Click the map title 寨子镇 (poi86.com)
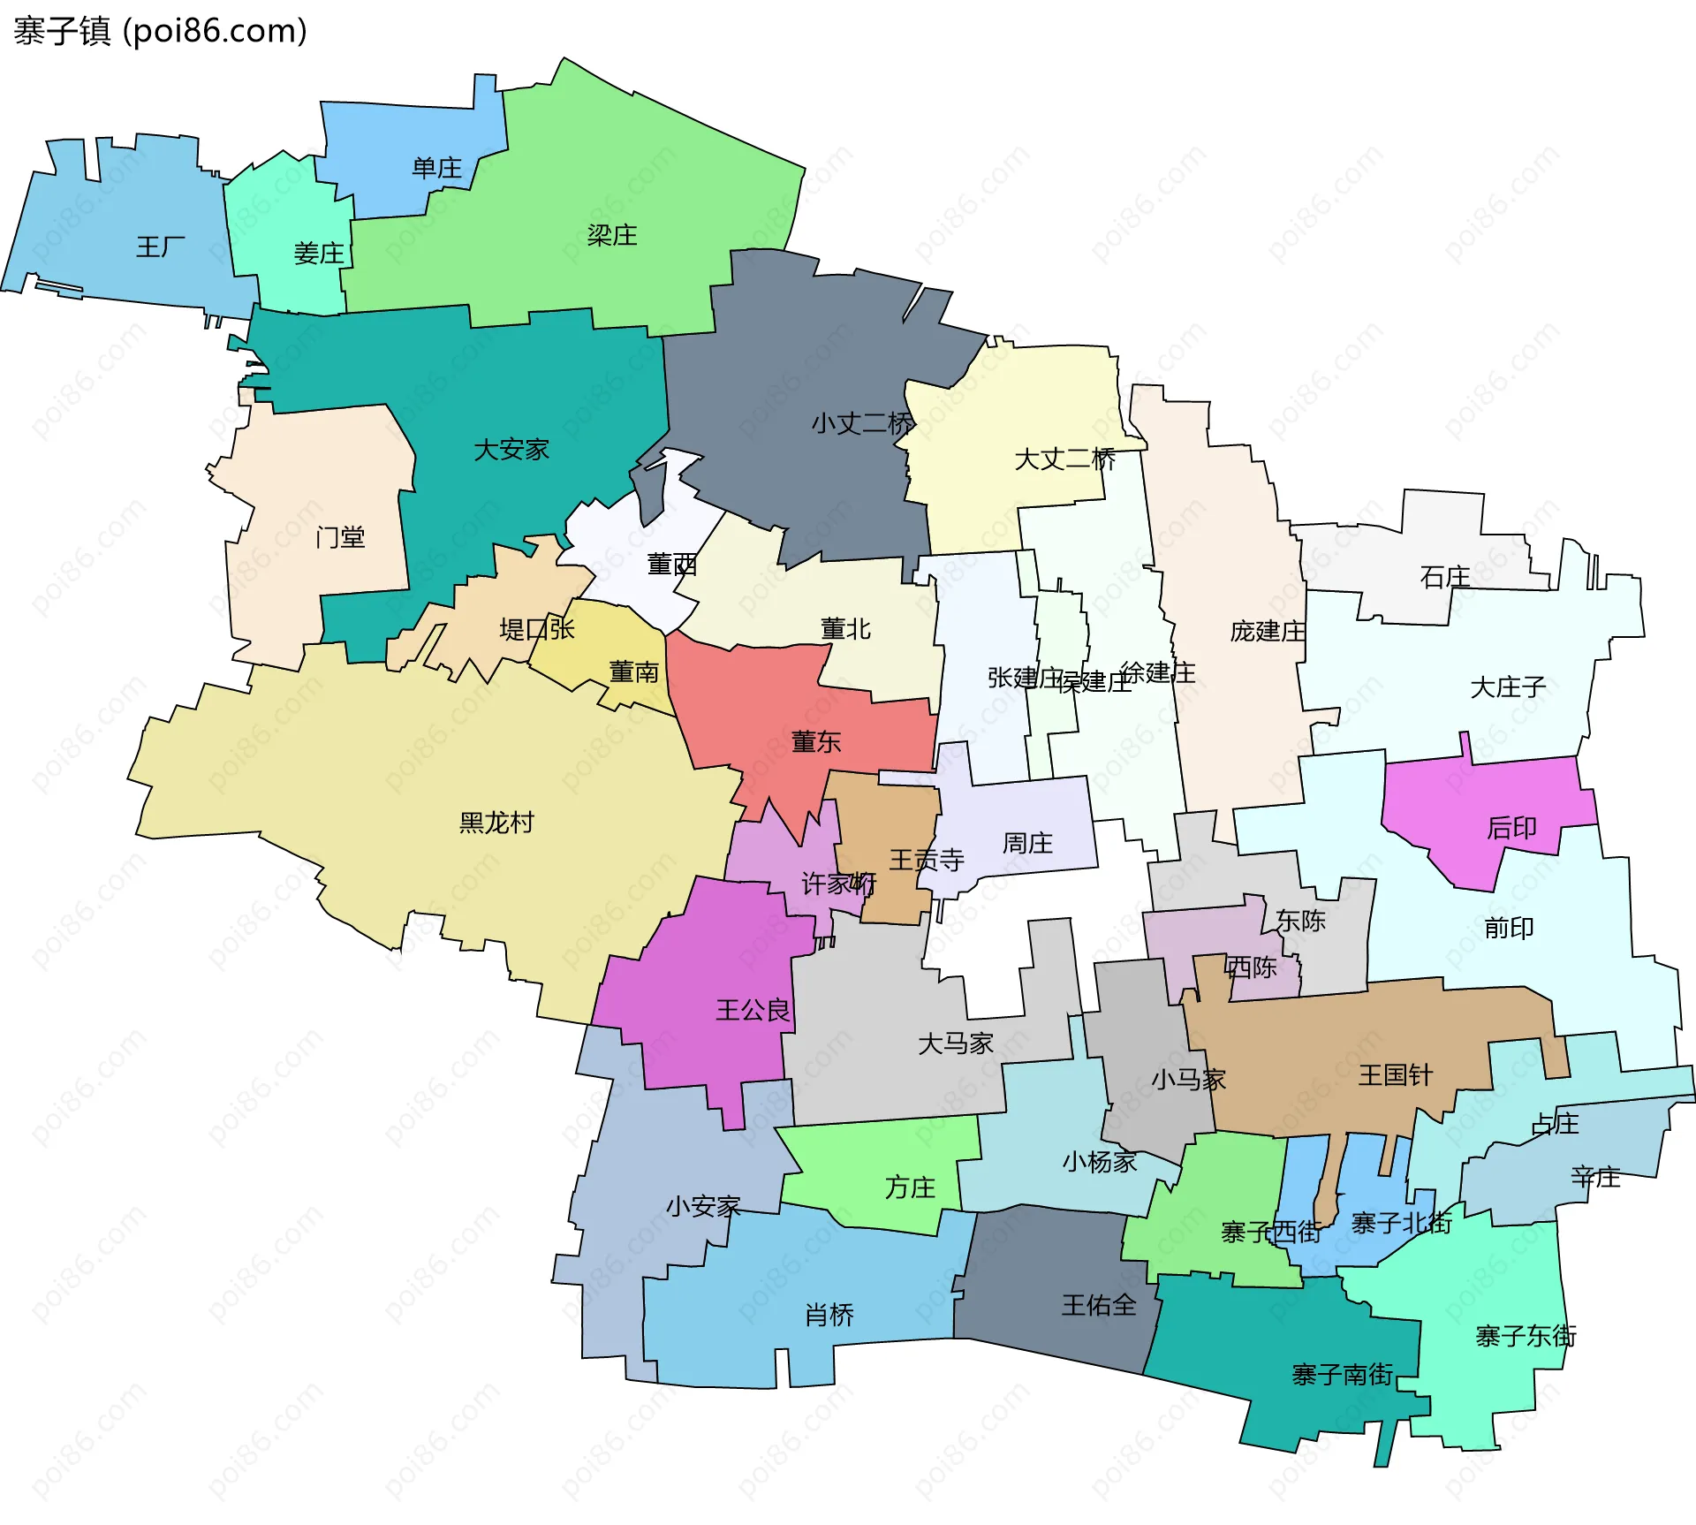pyautogui.click(x=160, y=32)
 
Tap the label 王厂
pyautogui.click(x=161, y=247)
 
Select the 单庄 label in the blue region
pyautogui.click(x=436, y=168)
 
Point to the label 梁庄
pyautogui.click(x=612, y=235)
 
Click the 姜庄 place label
pyautogui.click(x=319, y=254)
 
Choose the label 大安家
pyautogui.click(x=511, y=450)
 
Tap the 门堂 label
pyautogui.click(x=340, y=536)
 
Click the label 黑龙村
pyautogui.click(x=496, y=823)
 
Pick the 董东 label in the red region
pyautogui.click(x=816, y=741)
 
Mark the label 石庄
pyautogui.click(x=1445, y=577)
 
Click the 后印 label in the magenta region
pyautogui.click(x=1511, y=828)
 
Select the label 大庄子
pyautogui.click(x=1508, y=687)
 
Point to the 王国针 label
pyautogui.click(x=1396, y=1075)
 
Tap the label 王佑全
pyautogui.click(x=1099, y=1305)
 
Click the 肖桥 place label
pyautogui.click(x=829, y=1315)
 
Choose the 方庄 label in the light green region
pyautogui.click(x=910, y=1187)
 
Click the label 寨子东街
pyautogui.click(x=1526, y=1336)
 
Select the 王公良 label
pyautogui.click(x=753, y=1010)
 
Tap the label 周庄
pyautogui.click(x=1027, y=843)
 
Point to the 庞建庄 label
pyautogui.click(x=1268, y=631)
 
